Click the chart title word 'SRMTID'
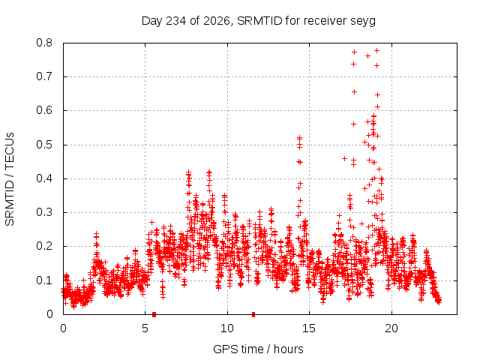click(259, 21)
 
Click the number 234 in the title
click(176, 21)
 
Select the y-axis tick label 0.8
click(44, 43)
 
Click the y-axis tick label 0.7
click(44, 76)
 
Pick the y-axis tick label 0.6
click(44, 110)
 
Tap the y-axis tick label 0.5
click(44, 145)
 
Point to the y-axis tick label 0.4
click(44, 178)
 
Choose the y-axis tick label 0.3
click(44, 212)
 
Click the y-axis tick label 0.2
click(44, 246)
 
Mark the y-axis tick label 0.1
click(44, 280)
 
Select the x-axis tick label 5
click(145, 328)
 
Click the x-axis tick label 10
click(227, 328)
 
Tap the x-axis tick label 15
click(309, 328)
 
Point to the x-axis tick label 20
click(391, 328)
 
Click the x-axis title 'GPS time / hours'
click(258, 349)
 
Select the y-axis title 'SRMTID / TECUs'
click(10, 179)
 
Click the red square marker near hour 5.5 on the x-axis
click(154, 314)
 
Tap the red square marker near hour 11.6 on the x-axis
click(253, 314)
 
